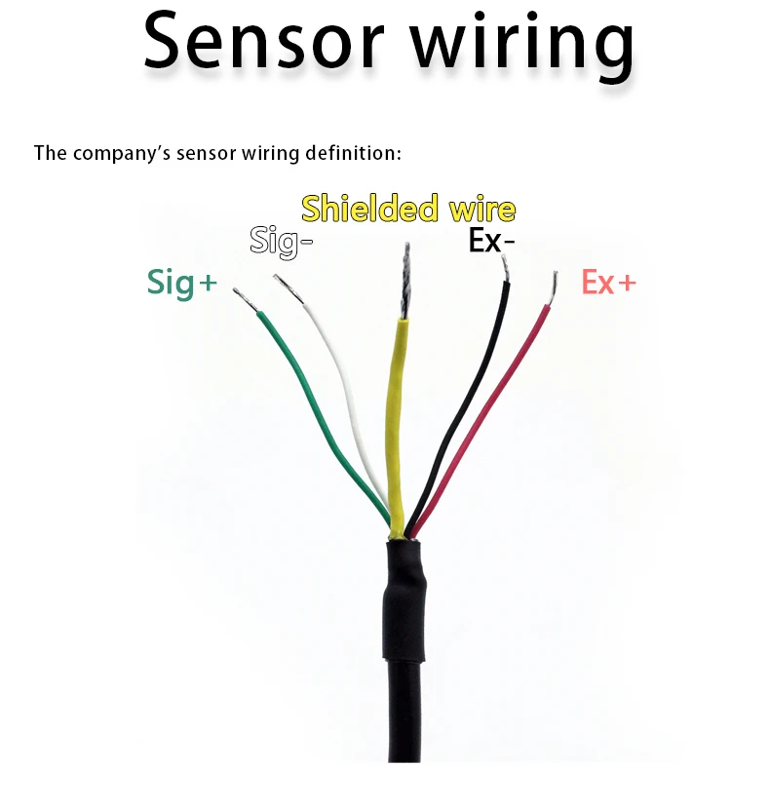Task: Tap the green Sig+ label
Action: [x=182, y=281]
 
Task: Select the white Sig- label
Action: [x=281, y=240]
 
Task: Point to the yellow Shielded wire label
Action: [x=408, y=209]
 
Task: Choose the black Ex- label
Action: [x=490, y=240]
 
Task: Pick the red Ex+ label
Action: [x=608, y=282]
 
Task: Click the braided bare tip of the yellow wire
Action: [x=404, y=283]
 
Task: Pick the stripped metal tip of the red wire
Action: [x=553, y=287]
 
